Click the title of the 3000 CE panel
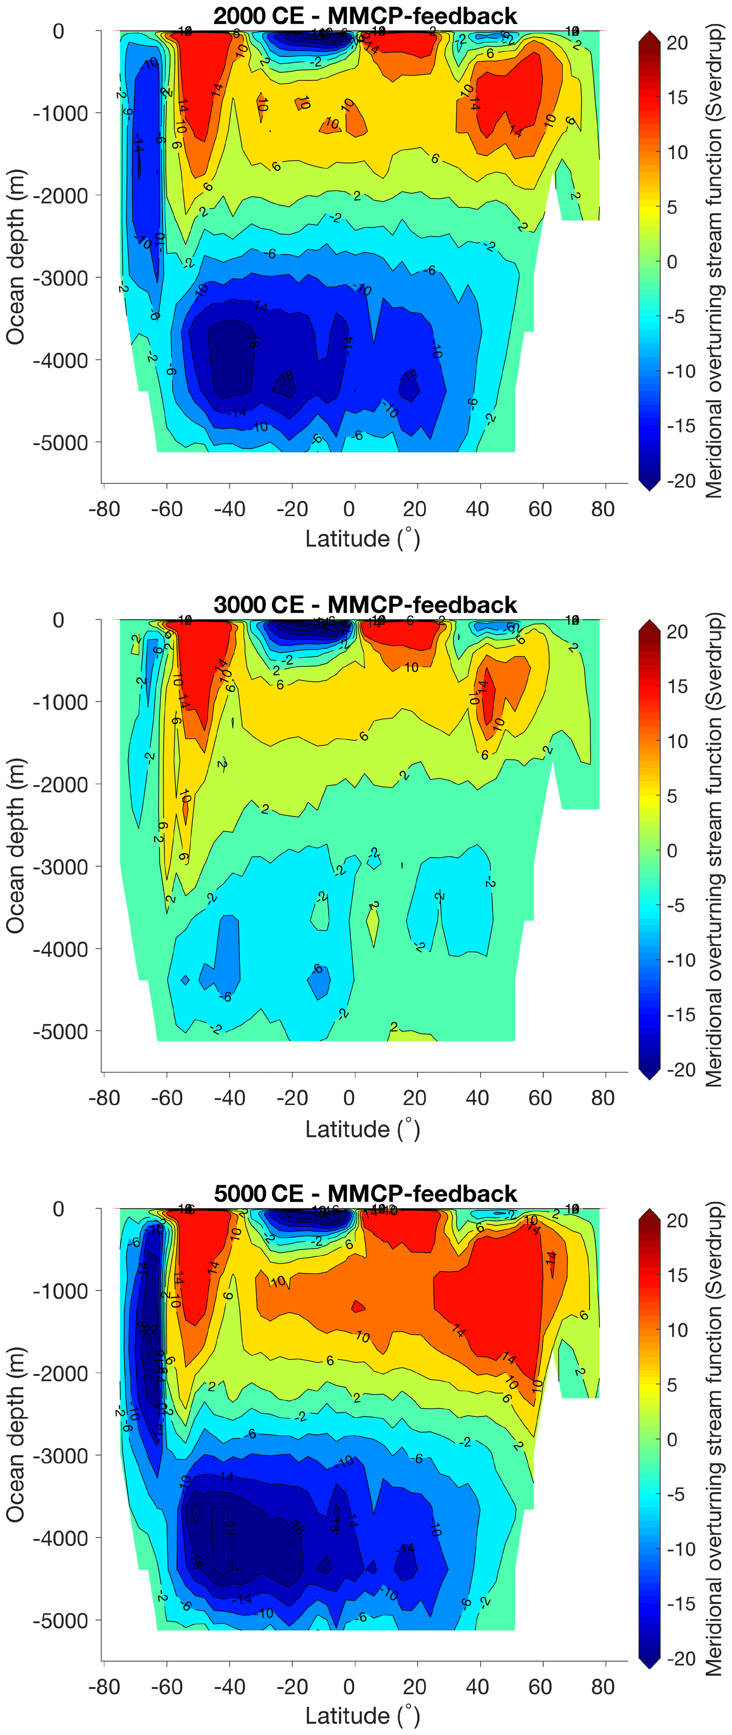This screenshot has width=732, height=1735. pos(365,604)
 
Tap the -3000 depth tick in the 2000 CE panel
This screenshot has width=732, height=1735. pos(61,278)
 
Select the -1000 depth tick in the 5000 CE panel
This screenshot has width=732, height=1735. pos(61,1291)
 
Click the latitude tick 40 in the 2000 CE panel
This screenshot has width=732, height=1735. pos(477,509)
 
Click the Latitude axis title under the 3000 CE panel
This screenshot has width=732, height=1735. pos(362,1129)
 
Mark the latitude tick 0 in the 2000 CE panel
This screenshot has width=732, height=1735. pos(349,509)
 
